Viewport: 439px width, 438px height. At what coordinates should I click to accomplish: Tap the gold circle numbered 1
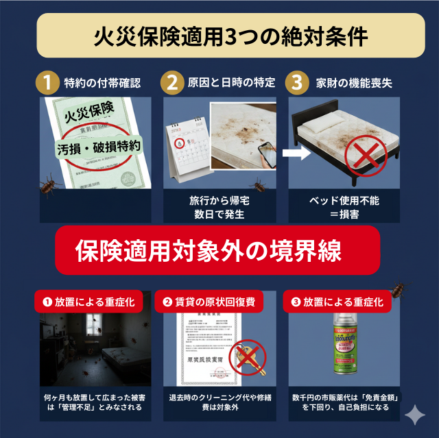47,84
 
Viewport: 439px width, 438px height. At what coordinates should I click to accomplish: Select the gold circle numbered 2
172,84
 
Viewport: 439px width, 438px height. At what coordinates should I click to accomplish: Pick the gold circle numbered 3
296,84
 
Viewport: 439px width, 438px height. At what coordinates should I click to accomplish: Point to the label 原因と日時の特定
231,84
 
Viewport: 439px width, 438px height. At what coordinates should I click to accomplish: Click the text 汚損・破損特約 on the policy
98,147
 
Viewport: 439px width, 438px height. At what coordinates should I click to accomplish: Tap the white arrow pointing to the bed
296,154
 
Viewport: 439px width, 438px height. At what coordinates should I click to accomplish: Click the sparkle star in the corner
414,415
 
